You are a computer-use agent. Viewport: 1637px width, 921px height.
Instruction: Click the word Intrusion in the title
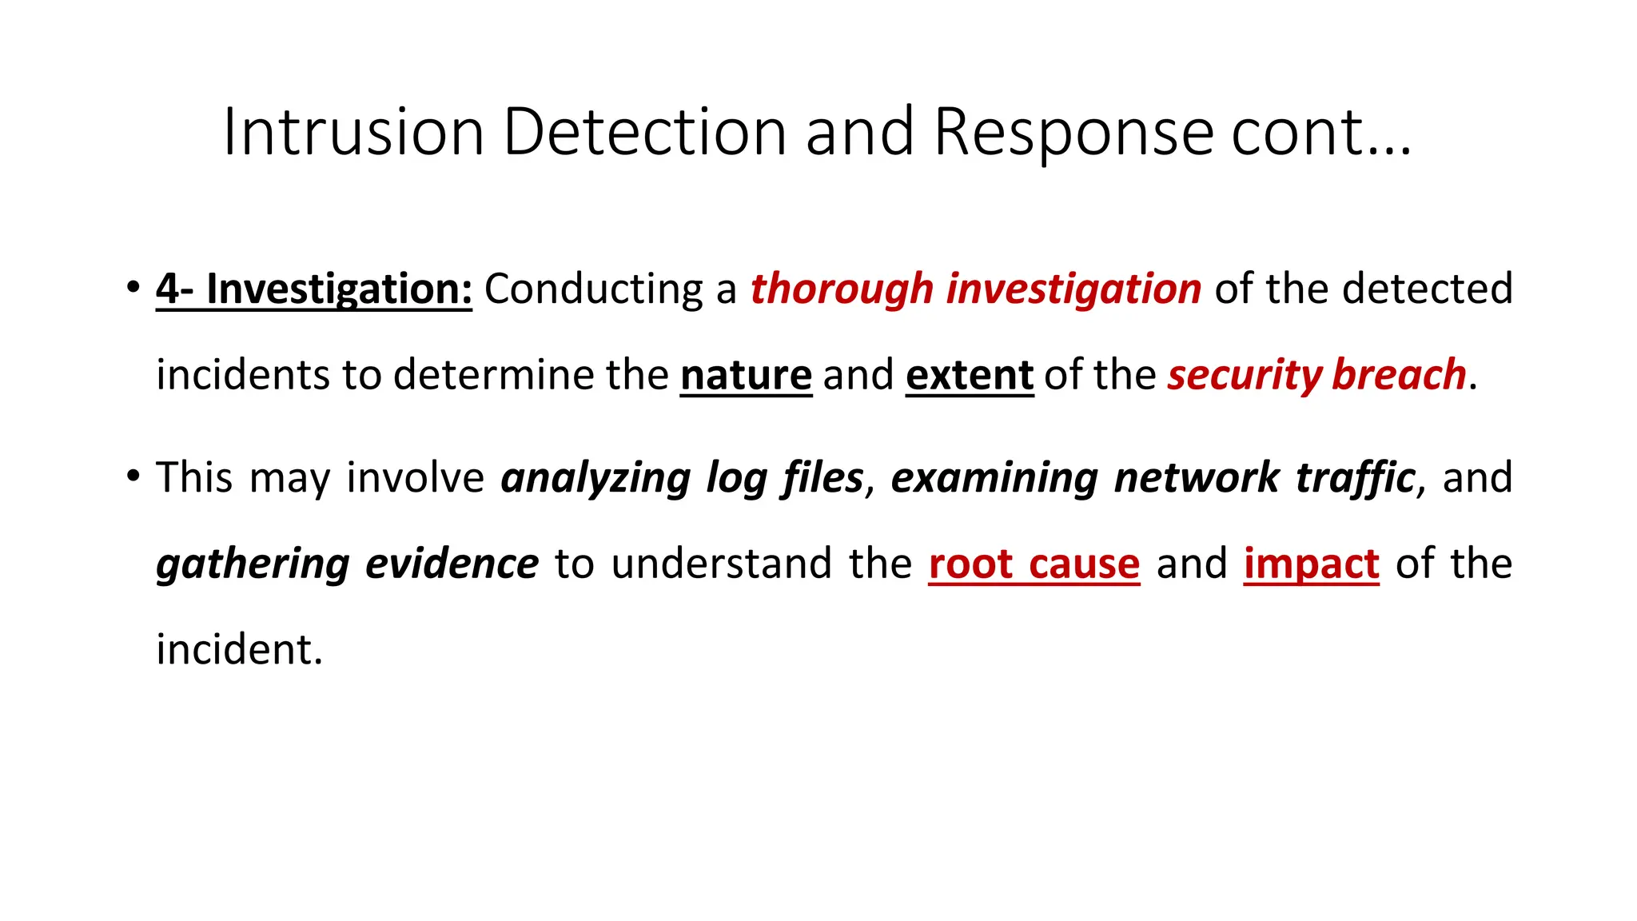[x=353, y=132]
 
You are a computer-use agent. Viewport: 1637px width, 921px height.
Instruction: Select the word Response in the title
[x=1074, y=132]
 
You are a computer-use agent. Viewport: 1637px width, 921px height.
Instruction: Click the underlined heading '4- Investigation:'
[x=314, y=289]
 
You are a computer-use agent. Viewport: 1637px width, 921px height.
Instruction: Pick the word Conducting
[x=594, y=289]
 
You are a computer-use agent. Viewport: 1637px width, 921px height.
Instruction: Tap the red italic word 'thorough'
[x=842, y=289]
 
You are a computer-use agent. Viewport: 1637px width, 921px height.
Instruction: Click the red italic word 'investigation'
[x=1073, y=289]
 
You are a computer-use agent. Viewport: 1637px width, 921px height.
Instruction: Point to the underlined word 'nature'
[x=747, y=375]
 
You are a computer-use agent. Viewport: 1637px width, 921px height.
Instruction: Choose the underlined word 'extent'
[x=970, y=375]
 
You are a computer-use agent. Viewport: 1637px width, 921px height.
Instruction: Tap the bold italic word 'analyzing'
[x=595, y=478]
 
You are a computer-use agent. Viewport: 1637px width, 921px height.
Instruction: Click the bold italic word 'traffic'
[x=1356, y=478]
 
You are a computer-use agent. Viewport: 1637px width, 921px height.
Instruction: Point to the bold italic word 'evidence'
[x=452, y=564]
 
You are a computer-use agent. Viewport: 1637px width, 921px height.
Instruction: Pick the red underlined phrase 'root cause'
[x=1034, y=564]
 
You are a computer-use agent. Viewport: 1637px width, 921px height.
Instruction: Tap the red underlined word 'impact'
[x=1312, y=564]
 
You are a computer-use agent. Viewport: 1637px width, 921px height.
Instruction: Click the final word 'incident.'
[x=239, y=650]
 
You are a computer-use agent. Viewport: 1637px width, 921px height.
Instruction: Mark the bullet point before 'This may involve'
[x=133, y=476]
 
